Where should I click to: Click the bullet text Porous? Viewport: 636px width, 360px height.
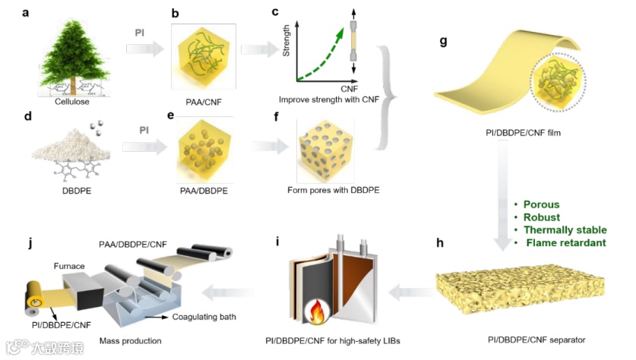tap(542, 204)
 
